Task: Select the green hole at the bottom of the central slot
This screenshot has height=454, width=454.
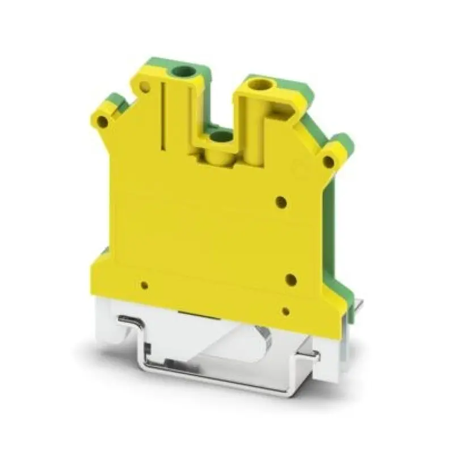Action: tap(221, 136)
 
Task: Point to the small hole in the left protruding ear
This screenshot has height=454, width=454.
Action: tap(102, 121)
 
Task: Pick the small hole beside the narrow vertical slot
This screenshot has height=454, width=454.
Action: tap(145, 87)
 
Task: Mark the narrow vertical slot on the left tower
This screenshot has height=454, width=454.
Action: tap(163, 116)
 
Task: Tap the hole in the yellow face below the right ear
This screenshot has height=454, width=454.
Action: tap(281, 201)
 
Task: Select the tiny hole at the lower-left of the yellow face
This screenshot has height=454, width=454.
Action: tap(145, 285)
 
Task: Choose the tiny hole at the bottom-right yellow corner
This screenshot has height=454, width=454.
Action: tap(286, 311)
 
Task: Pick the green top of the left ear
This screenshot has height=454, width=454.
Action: tap(117, 100)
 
